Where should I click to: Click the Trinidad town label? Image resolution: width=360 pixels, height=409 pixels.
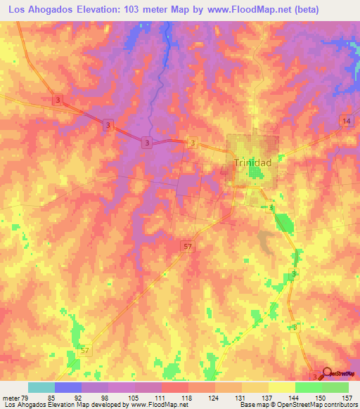tap(252, 162)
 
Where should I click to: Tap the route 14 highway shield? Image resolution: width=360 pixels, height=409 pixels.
tap(345, 122)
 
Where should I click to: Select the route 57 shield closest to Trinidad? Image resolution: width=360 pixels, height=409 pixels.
tap(187, 247)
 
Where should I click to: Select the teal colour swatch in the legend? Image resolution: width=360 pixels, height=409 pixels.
tap(41, 387)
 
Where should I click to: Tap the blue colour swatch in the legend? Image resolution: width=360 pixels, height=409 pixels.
tap(68, 387)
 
